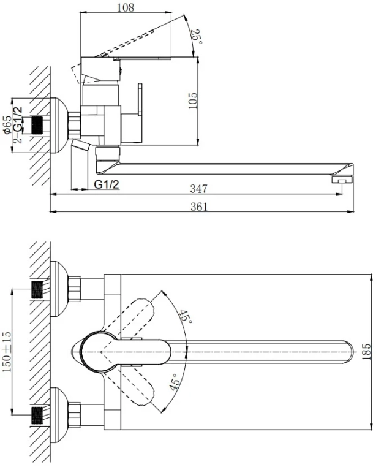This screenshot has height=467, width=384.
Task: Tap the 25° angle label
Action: [195, 39]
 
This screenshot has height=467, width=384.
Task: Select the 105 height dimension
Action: [192, 102]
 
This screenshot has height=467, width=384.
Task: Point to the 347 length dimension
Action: [198, 189]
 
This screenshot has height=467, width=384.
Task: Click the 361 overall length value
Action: [198, 207]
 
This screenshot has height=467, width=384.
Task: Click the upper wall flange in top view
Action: [57, 289]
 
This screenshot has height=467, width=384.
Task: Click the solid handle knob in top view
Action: [97, 352]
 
